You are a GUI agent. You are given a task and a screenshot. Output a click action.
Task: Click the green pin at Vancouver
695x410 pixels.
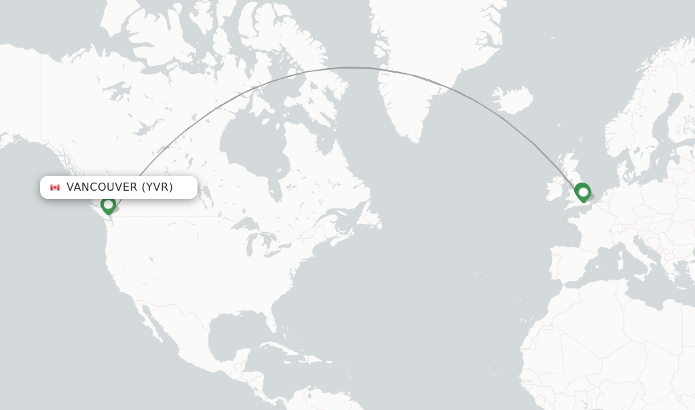point(108,204)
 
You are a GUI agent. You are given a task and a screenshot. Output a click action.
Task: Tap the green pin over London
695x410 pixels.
point(582,192)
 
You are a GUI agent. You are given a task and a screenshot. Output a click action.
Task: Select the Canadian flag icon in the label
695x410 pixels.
point(55,187)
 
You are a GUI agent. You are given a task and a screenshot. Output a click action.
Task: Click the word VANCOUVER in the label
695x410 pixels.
point(101,187)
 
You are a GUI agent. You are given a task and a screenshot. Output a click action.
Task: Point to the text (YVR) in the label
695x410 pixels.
point(157,187)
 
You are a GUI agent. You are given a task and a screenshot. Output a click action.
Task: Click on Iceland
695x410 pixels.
point(512,100)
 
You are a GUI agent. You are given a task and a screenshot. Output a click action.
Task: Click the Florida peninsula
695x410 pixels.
point(272,316)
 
